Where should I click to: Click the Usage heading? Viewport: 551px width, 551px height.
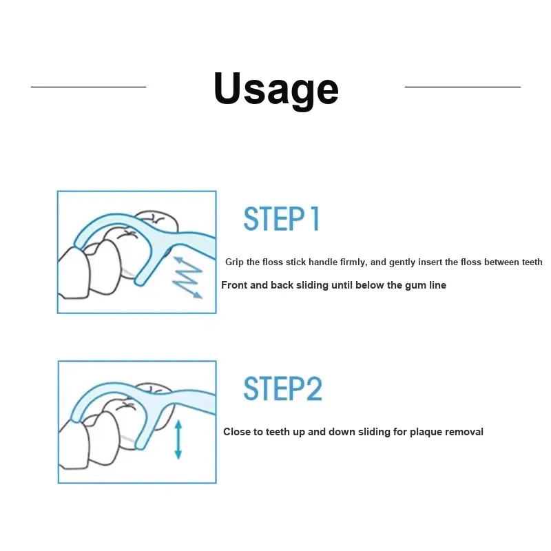tap(276, 90)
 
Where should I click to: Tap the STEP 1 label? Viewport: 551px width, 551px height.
tap(282, 218)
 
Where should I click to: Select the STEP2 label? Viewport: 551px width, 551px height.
tap(282, 388)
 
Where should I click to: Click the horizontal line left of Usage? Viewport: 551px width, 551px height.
tap(89, 87)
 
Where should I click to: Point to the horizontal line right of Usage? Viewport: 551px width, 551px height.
tap(463, 87)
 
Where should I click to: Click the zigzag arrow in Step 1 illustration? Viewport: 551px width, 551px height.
tap(187, 278)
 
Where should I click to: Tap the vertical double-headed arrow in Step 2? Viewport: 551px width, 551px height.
tap(178, 439)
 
